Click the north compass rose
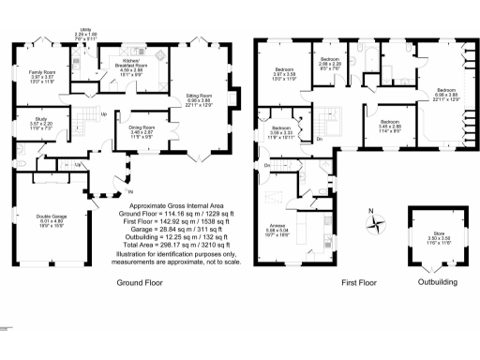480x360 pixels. pyautogui.click(x=377, y=222)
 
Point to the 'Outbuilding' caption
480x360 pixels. pyautogui.click(x=437, y=281)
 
